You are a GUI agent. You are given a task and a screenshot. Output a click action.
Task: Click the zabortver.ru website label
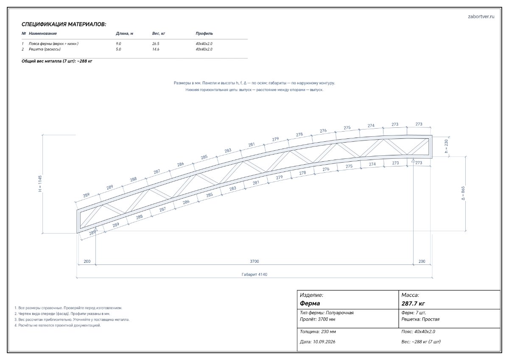pyautogui.click(x=481, y=17)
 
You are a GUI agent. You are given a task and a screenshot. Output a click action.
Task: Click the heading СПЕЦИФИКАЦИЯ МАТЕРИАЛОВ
pyautogui.click(x=64, y=24)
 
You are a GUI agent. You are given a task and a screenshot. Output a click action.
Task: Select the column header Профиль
pyautogui.click(x=204, y=34)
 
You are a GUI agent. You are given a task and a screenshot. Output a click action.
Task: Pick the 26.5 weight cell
pyautogui.click(x=156, y=44)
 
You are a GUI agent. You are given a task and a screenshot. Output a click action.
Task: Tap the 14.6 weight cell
pyautogui.click(x=156, y=49)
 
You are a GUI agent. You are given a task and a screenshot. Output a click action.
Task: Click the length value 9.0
pyautogui.click(x=118, y=44)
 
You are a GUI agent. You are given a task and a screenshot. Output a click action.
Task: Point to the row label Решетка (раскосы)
pyautogui.click(x=45, y=49)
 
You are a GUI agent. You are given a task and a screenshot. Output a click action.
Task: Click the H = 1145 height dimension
pyautogui.click(x=40, y=183)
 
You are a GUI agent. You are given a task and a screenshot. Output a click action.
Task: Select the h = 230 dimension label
pyautogui.click(x=446, y=146)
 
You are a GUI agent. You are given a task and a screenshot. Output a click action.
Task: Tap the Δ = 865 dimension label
pyautogui.click(x=463, y=193)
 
